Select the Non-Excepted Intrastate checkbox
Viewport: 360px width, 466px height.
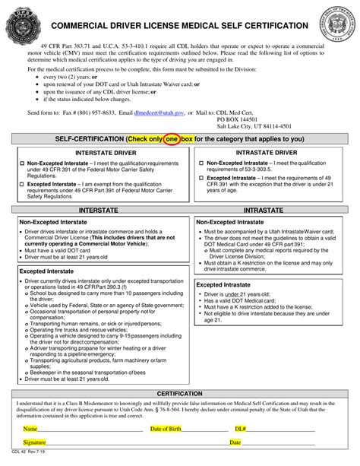200,163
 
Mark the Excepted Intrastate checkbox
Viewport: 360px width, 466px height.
200,176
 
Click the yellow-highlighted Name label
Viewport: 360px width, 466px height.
30,429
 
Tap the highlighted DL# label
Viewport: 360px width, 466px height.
240,429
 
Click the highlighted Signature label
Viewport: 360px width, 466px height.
34,441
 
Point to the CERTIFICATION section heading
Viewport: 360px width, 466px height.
179,394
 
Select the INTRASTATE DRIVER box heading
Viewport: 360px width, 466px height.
268,152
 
